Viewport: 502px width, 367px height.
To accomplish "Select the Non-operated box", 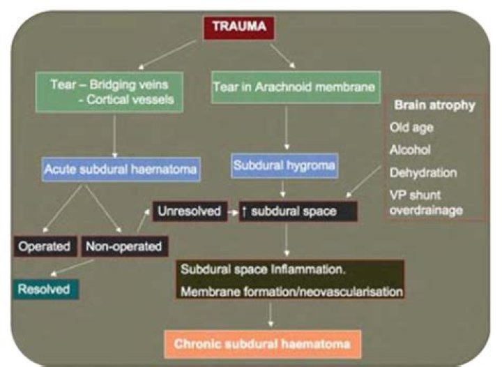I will [123, 246].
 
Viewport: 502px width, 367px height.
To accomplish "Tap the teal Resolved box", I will [45, 287].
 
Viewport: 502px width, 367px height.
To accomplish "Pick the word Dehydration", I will [423, 172].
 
